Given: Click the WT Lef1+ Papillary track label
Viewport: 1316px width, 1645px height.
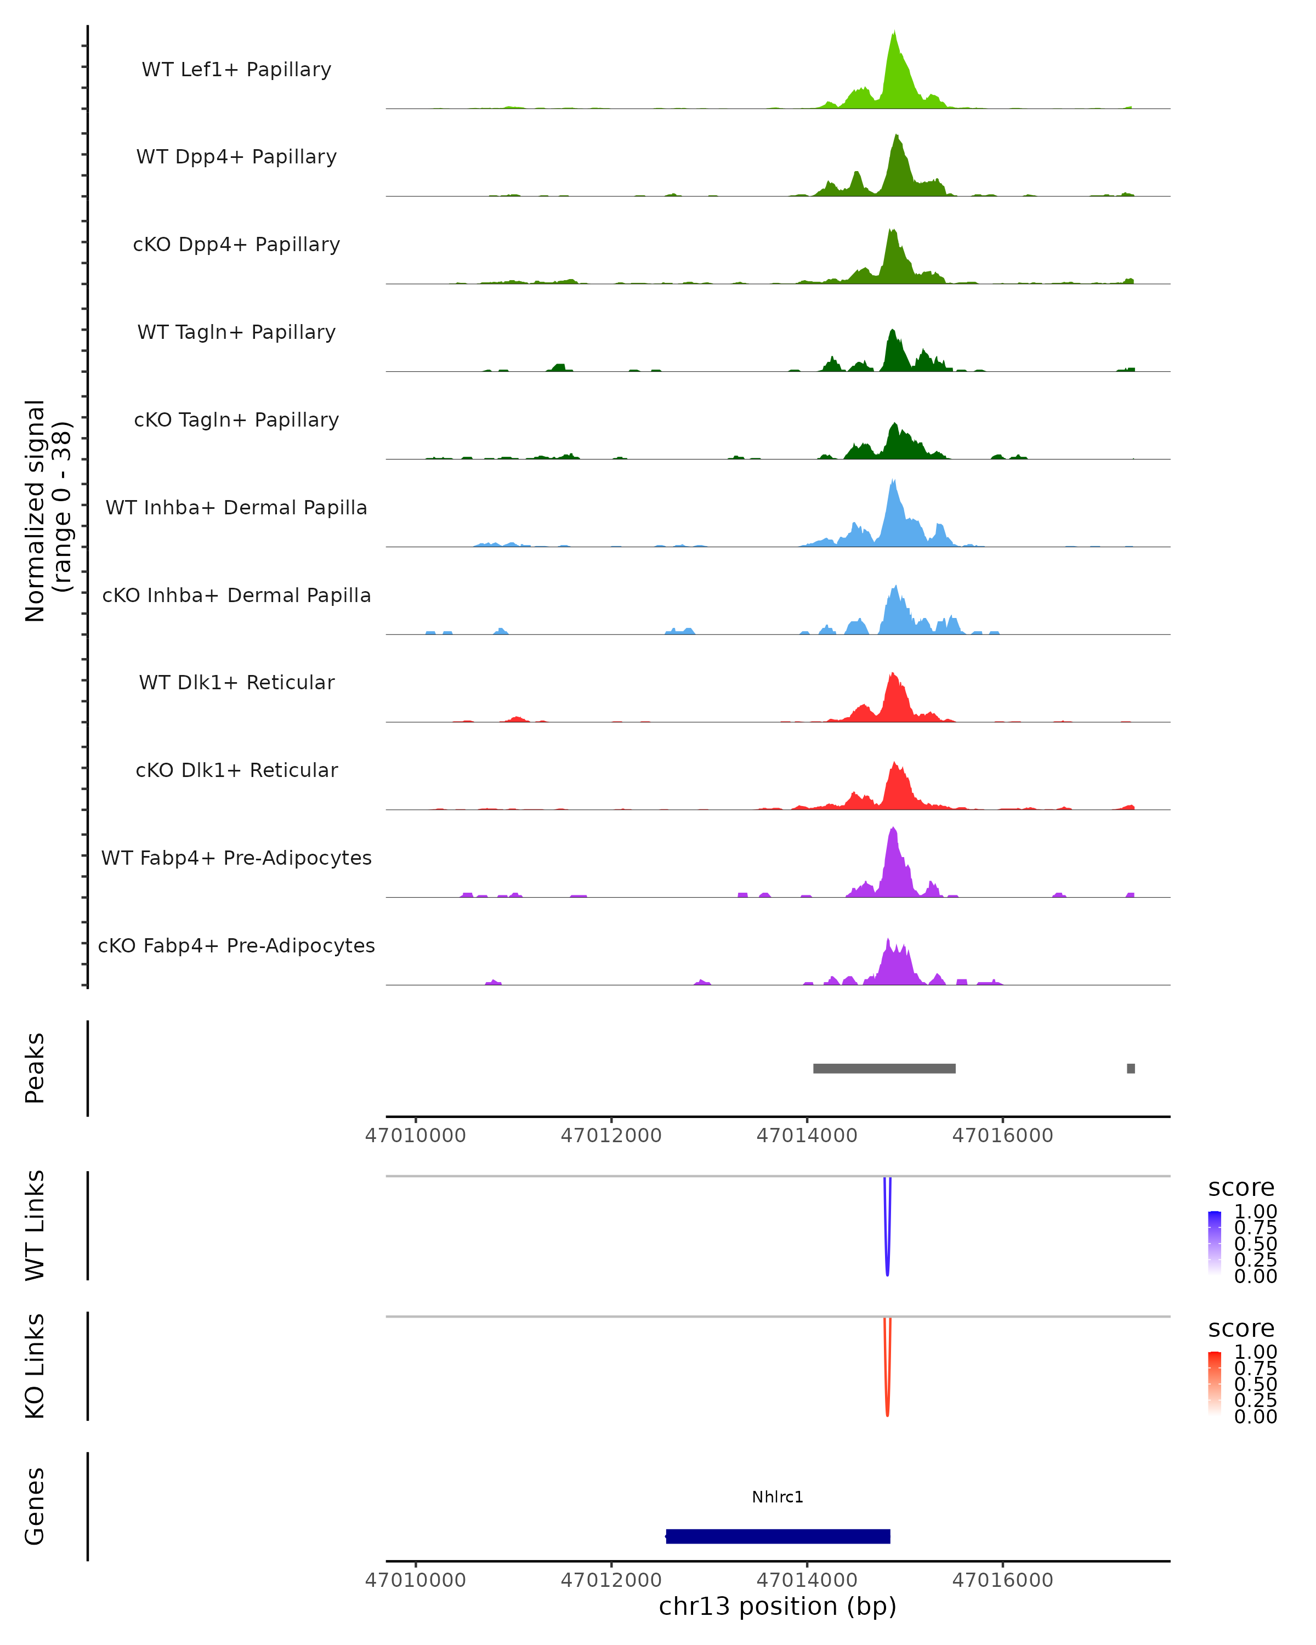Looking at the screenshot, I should [236, 70].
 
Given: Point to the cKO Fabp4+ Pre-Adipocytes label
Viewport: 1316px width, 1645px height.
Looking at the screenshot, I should [236, 945].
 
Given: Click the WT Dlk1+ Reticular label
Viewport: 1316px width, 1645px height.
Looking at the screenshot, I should [236, 682].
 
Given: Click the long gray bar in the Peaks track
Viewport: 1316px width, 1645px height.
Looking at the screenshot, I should [884, 1068].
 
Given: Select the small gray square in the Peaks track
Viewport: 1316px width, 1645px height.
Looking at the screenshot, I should [1131, 1068].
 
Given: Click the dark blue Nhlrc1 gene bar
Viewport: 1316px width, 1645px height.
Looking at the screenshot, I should [778, 1536].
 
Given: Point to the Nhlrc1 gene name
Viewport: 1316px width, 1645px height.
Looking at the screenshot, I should [778, 1497].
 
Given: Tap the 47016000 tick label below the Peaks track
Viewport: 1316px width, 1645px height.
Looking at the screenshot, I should [1002, 1136].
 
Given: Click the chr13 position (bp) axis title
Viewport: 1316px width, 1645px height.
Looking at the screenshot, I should [778, 1606].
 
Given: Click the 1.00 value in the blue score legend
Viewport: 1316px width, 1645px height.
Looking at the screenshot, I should [1255, 1212].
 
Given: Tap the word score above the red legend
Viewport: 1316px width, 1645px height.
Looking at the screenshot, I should [1241, 1329].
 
